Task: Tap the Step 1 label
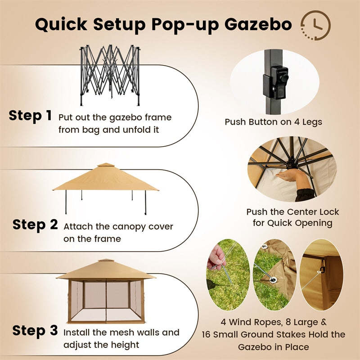point(30,116)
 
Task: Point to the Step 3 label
point(35,331)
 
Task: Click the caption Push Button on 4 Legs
point(274,121)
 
